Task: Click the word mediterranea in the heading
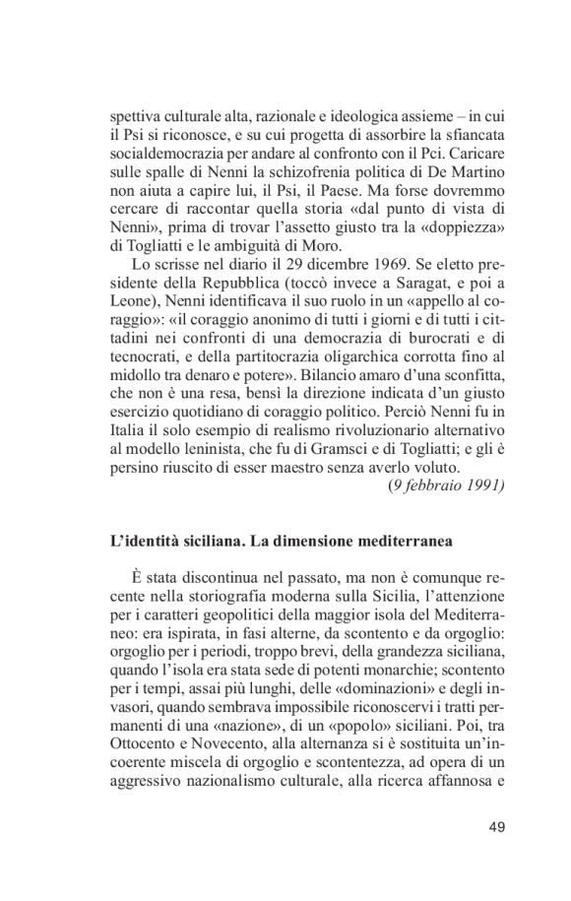pyautogui.click(x=405, y=540)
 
